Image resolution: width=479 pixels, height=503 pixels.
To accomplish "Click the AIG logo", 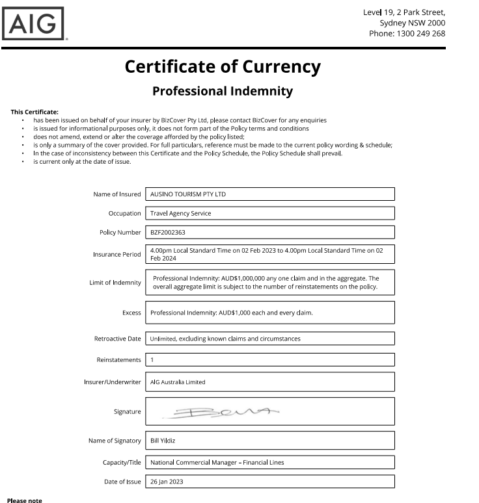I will coord(34,23).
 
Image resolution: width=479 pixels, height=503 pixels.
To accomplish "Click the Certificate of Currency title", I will coord(223,67).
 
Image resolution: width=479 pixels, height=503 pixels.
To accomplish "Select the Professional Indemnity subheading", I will coord(223,91).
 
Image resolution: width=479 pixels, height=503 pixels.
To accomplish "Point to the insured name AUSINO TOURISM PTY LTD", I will coord(188,194).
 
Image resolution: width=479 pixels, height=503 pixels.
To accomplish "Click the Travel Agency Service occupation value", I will coord(180,213).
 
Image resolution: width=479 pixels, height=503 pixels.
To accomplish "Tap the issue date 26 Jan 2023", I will coord(167,482).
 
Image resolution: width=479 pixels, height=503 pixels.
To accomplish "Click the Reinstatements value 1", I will coord(152,359).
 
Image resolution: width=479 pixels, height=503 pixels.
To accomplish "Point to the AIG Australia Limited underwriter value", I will coord(178,382).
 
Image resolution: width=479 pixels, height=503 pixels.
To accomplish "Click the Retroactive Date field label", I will coord(117,339).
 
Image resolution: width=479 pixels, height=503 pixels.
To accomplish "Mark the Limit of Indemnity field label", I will coord(115,283).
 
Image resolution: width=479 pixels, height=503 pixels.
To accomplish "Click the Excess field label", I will coord(131,313).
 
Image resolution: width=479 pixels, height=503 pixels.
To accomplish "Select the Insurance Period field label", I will coord(116,254).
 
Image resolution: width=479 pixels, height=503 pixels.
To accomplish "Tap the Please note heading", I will coord(24,500).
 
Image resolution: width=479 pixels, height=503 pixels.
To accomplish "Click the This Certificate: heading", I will coord(34,112).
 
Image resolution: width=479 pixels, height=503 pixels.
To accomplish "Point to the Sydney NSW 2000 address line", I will coord(412,23).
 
